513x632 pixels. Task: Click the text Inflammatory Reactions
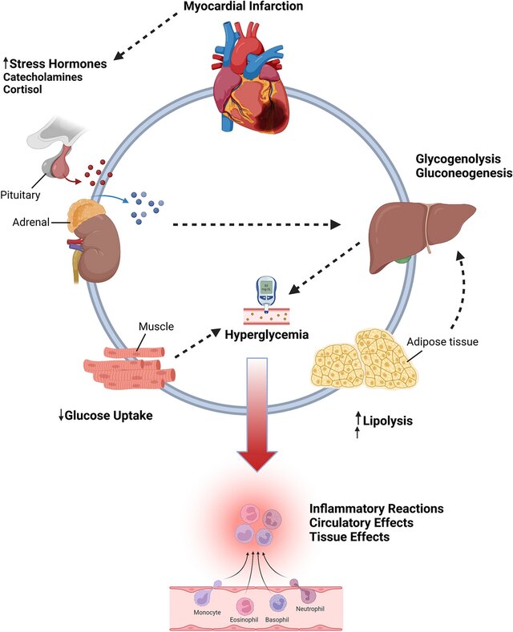coord(375,509)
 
